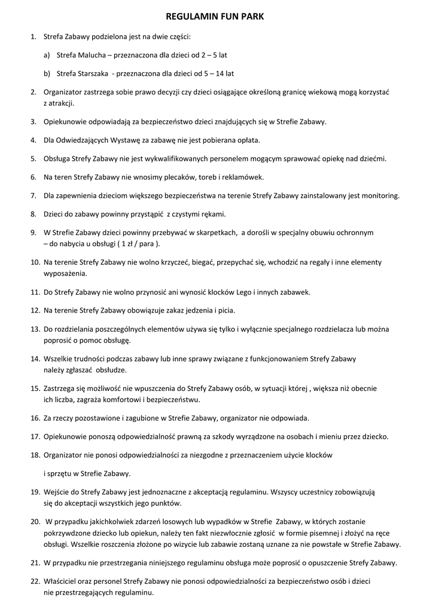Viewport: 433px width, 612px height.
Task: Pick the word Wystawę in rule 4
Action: (x=120, y=140)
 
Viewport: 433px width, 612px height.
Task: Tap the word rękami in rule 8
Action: (x=213, y=214)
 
